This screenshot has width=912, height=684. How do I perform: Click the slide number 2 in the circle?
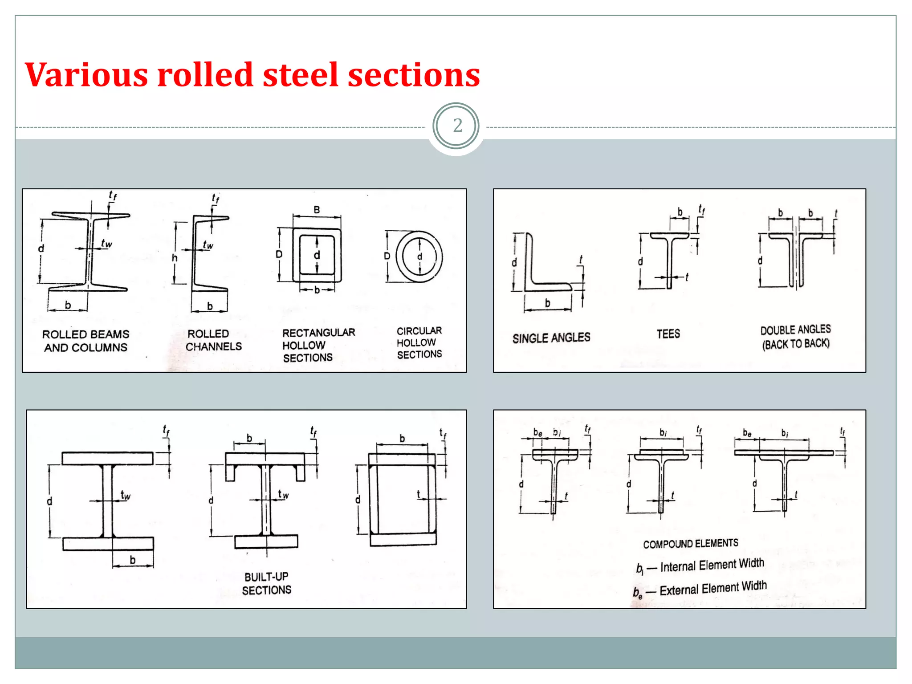click(x=457, y=126)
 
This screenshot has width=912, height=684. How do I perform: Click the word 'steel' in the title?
click(x=301, y=75)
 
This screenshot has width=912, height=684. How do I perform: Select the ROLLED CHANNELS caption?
click(x=213, y=340)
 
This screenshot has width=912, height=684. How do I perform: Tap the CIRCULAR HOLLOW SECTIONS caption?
click(x=419, y=342)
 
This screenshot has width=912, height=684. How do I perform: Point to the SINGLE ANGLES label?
click(x=551, y=338)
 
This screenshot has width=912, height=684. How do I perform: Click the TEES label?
click(x=668, y=334)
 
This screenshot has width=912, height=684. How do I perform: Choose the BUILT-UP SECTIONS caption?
click(x=266, y=583)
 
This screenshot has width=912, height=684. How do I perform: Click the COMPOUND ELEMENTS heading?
click(x=690, y=544)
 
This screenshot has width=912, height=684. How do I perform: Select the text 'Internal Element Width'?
click(x=712, y=565)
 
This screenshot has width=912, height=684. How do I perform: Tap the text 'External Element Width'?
click(x=712, y=589)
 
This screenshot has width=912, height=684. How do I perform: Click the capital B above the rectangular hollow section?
click(x=317, y=210)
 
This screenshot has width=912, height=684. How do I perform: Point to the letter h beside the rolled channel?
click(x=175, y=258)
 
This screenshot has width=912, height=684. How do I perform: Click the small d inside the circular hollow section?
click(x=419, y=256)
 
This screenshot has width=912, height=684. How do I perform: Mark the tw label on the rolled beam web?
click(x=106, y=244)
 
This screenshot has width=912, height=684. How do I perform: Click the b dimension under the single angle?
click(x=547, y=303)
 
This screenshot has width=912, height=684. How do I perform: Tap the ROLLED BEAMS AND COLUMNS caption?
click(x=85, y=341)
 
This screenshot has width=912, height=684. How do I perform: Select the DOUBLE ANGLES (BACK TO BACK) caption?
click(x=795, y=337)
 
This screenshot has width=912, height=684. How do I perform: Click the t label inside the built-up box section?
click(x=418, y=494)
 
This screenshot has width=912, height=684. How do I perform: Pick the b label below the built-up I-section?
click(x=132, y=560)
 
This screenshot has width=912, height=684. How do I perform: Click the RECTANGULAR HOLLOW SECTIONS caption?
click(x=318, y=345)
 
